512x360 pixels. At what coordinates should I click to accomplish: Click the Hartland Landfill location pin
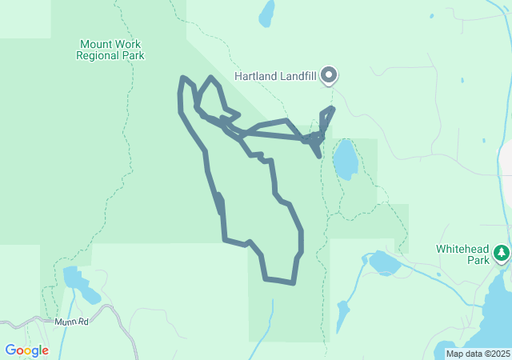click(329, 75)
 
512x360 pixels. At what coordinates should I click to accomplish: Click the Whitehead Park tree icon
click(502, 254)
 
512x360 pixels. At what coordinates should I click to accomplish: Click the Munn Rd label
click(70, 322)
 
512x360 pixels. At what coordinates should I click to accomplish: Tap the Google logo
click(26, 350)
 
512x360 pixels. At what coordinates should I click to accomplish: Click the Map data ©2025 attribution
click(478, 354)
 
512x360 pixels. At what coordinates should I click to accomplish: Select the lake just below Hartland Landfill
click(346, 159)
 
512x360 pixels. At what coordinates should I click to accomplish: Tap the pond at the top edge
click(266, 12)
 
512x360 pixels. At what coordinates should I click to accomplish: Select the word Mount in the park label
click(96, 44)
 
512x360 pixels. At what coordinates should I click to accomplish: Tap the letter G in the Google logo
click(10, 350)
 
